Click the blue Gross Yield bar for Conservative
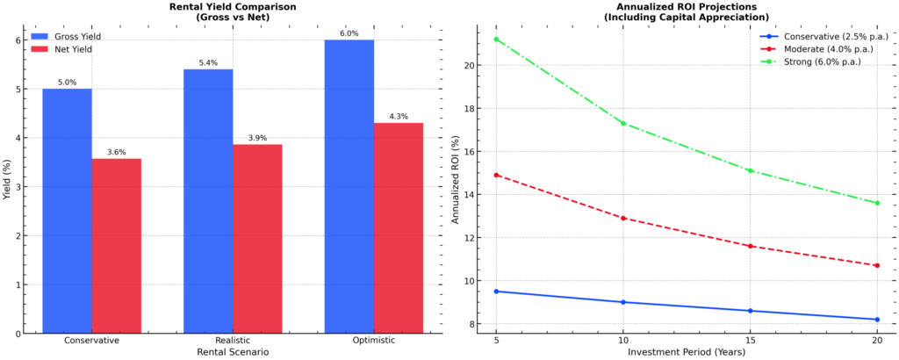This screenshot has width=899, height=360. click(67, 211)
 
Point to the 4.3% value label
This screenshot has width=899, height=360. click(399, 116)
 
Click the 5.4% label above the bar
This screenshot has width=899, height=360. click(208, 62)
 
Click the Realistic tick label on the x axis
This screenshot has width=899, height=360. click(233, 340)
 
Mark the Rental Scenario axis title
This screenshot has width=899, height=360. click(233, 352)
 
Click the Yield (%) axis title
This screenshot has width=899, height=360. click(8, 186)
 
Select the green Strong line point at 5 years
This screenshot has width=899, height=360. click(496, 39)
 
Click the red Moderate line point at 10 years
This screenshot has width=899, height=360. click(623, 218)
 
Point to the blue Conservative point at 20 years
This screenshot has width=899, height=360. click(877, 320)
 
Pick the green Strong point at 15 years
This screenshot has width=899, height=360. click(750, 170)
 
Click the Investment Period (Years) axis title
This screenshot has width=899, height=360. click(687, 352)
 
